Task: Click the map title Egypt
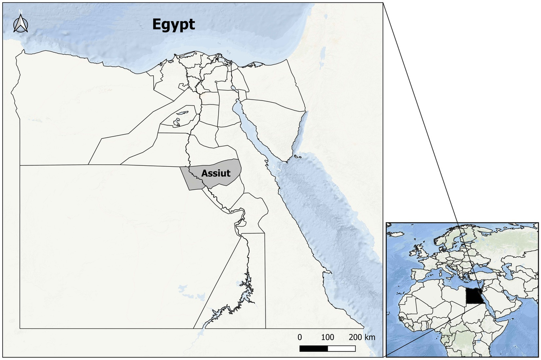[174, 24]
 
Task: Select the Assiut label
[216, 173]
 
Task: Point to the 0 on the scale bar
[299, 337]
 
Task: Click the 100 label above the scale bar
[328, 337]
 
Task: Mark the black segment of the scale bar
[313, 348]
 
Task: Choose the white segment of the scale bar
[341, 348]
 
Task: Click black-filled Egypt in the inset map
[472, 296]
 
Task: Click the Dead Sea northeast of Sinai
[321, 63]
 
